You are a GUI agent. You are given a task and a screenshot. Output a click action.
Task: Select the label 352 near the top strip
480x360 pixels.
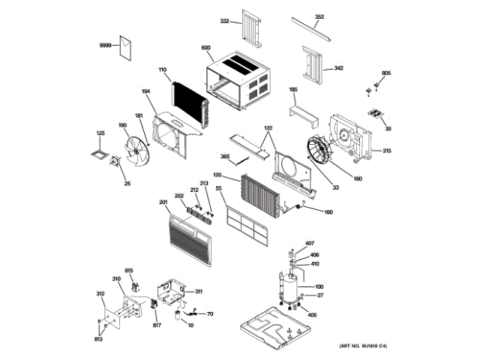[x=319, y=16]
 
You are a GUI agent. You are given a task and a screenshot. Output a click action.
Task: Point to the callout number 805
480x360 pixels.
[x=386, y=73]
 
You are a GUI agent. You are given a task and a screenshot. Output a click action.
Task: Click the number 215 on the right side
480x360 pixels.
[x=387, y=151]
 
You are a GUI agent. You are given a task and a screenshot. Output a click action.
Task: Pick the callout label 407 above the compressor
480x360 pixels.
[x=310, y=243]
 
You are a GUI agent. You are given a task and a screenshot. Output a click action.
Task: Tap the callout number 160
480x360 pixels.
[x=328, y=211]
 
